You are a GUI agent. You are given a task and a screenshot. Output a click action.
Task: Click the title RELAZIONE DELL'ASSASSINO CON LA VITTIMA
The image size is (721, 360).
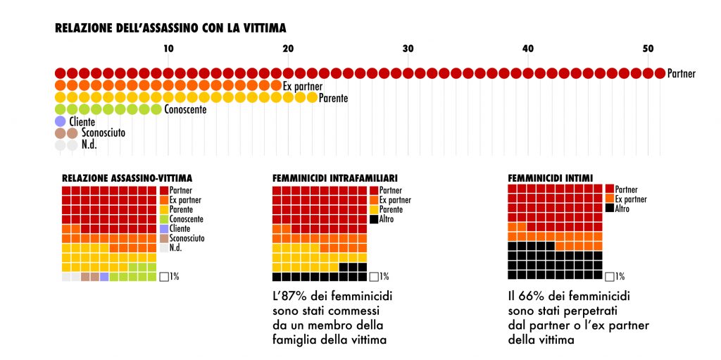pos(170,28)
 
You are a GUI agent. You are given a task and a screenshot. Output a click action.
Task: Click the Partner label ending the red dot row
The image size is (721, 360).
pos(681,73)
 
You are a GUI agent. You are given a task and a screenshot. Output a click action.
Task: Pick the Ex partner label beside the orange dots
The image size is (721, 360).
pos(303,86)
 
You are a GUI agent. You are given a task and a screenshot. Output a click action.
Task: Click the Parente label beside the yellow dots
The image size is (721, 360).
pos(333,98)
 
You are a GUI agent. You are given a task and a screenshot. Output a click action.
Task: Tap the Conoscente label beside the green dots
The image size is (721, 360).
pos(185,110)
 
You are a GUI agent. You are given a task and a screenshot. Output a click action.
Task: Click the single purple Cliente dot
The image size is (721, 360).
pos(60,122)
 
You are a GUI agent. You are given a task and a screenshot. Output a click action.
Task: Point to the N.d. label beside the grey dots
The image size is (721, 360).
pos(88,145)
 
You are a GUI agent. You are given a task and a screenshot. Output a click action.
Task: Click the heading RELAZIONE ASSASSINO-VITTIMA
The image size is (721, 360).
pos(127,178)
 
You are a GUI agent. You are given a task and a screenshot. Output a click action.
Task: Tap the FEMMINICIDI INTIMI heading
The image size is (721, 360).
pos(550,178)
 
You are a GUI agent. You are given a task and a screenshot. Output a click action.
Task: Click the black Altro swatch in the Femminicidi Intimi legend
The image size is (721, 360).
pos(610,209)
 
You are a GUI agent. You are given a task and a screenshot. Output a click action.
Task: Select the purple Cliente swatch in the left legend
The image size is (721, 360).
pos(163,229)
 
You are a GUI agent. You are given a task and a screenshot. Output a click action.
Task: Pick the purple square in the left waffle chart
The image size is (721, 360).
pos(104,277)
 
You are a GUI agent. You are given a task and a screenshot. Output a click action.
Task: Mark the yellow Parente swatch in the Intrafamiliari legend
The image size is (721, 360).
pos(374,210)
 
